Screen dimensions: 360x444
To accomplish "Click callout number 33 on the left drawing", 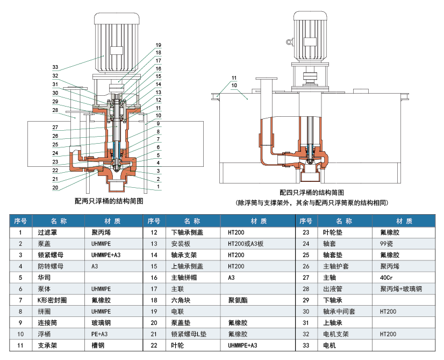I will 55,67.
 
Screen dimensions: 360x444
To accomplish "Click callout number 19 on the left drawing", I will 159,45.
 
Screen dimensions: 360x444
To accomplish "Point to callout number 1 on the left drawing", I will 159,187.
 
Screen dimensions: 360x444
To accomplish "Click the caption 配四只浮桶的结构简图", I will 312,193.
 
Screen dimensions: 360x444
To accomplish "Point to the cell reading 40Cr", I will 386,278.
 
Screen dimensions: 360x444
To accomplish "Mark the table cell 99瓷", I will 386,244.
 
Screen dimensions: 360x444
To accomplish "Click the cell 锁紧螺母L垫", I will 188,334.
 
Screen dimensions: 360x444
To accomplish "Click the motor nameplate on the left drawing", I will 117,50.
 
